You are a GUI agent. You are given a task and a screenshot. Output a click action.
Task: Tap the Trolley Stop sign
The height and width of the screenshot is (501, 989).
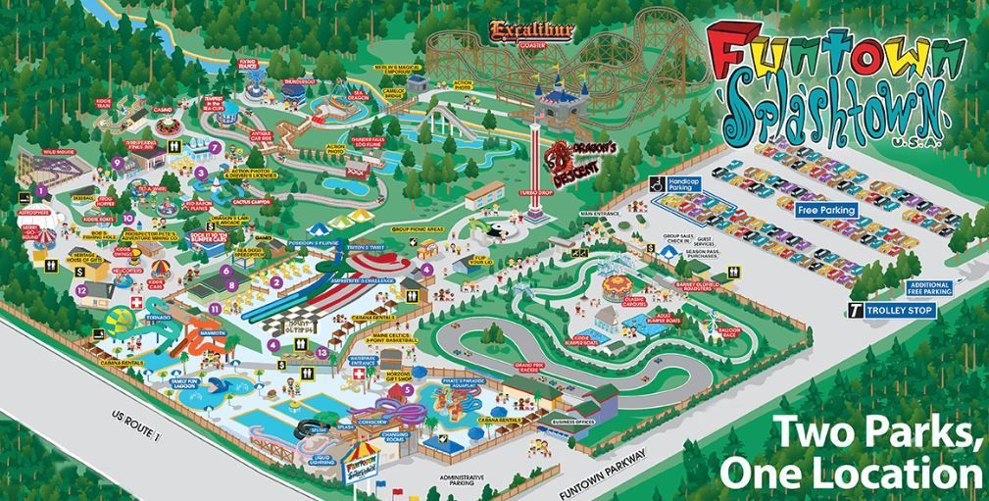[x=892, y=310]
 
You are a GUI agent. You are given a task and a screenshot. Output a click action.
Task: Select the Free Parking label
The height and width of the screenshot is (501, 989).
[x=826, y=210]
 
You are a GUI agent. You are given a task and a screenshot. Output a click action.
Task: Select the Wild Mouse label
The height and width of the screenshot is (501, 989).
[x=58, y=154]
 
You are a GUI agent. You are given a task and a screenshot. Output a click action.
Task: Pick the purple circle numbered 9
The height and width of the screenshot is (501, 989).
[x=117, y=163]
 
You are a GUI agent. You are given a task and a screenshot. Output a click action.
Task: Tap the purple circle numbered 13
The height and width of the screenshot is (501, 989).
[x=323, y=351]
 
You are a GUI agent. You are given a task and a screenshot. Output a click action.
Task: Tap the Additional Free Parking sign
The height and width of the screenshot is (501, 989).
[x=924, y=288]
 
